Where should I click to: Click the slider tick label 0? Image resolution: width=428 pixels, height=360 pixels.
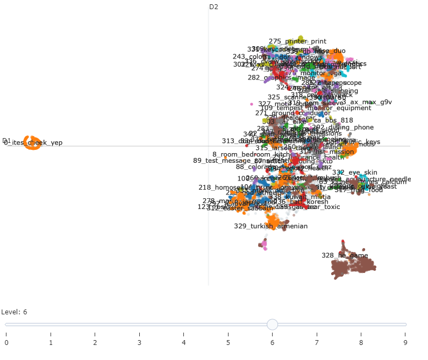(x=6, y=342)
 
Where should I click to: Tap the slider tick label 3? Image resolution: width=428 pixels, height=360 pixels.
(x=139, y=342)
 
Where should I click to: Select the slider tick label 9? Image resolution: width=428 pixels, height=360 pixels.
(x=405, y=342)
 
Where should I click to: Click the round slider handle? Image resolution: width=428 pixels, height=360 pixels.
(x=273, y=324)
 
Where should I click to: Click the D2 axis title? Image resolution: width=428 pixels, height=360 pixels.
(x=213, y=7)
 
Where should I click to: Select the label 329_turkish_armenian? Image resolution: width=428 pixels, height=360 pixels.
(x=270, y=226)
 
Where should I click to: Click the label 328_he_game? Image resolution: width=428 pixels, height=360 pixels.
(x=345, y=256)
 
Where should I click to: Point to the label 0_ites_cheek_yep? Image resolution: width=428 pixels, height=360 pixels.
(x=33, y=143)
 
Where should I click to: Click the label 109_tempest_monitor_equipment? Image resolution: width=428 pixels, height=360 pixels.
(x=316, y=108)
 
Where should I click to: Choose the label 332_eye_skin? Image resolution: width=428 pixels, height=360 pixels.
(x=354, y=172)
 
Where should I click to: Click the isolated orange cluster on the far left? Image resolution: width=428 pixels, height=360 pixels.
(x=32, y=143)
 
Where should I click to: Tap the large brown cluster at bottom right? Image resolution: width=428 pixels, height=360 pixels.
(x=352, y=267)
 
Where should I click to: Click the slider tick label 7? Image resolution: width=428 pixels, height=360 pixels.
(x=317, y=342)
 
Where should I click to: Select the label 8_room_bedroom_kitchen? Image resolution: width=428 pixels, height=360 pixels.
(x=250, y=155)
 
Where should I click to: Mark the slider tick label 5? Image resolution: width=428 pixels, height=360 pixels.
(x=228, y=342)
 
